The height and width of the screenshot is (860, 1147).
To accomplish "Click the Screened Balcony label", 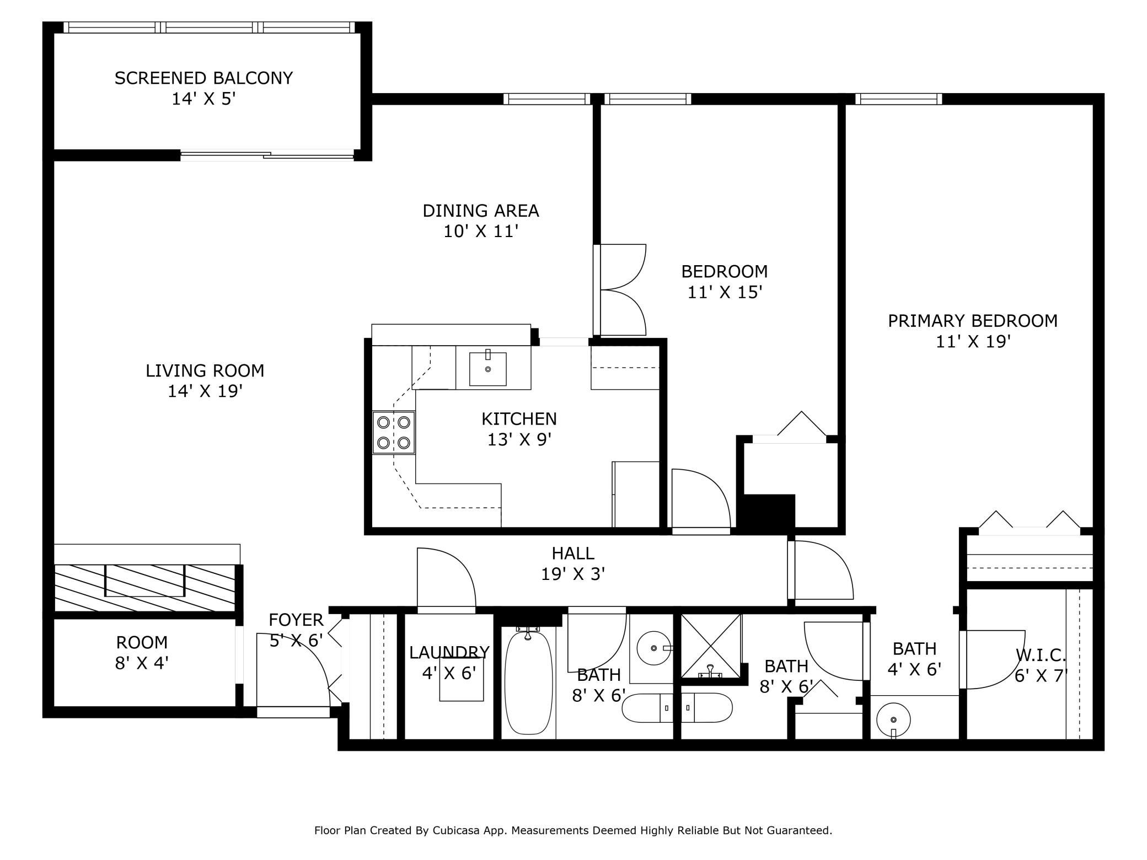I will [203, 78].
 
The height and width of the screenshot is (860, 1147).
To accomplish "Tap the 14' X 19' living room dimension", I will [205, 391].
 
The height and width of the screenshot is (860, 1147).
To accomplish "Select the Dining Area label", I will [480, 211].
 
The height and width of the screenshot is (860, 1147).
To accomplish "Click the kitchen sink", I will [487, 369].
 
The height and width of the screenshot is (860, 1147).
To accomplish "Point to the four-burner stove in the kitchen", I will [393, 432].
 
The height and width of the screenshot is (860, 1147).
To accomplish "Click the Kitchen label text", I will [519, 419].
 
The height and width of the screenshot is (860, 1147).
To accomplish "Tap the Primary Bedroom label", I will [972, 321].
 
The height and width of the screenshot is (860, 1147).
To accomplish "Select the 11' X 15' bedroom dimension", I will [725, 292].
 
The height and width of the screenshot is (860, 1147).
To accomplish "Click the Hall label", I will [573, 553].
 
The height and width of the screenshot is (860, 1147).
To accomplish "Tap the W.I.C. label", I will [1041, 655].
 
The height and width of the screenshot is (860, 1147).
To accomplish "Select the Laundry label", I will [449, 653].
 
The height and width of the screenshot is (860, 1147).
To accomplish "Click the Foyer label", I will [296, 620].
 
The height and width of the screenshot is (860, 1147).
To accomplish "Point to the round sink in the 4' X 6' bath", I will [893, 719].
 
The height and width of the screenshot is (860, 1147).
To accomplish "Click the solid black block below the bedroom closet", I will [768, 513].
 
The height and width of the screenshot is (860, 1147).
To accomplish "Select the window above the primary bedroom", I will [898, 99].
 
